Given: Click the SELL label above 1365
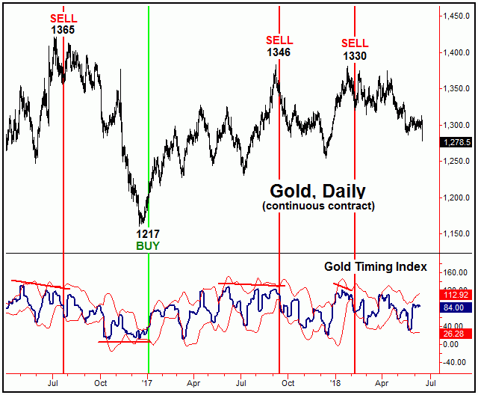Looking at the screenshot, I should pyautogui.click(x=63, y=17).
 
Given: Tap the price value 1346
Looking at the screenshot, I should pyautogui.click(x=279, y=53).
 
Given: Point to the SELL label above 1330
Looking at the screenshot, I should pyautogui.click(x=354, y=43).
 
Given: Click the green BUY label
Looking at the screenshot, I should pyautogui.click(x=148, y=245).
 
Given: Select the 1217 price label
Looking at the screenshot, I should pyautogui.click(x=148, y=233).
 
